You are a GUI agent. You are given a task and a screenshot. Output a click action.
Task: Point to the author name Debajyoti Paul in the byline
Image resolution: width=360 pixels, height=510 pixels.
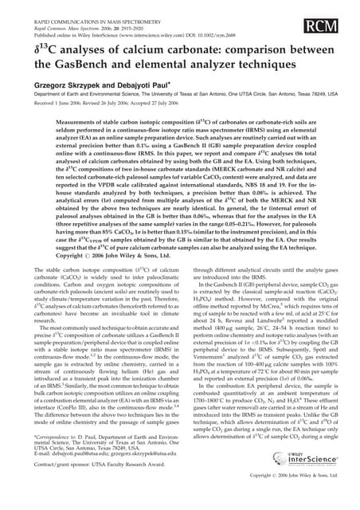coord(143,82)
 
